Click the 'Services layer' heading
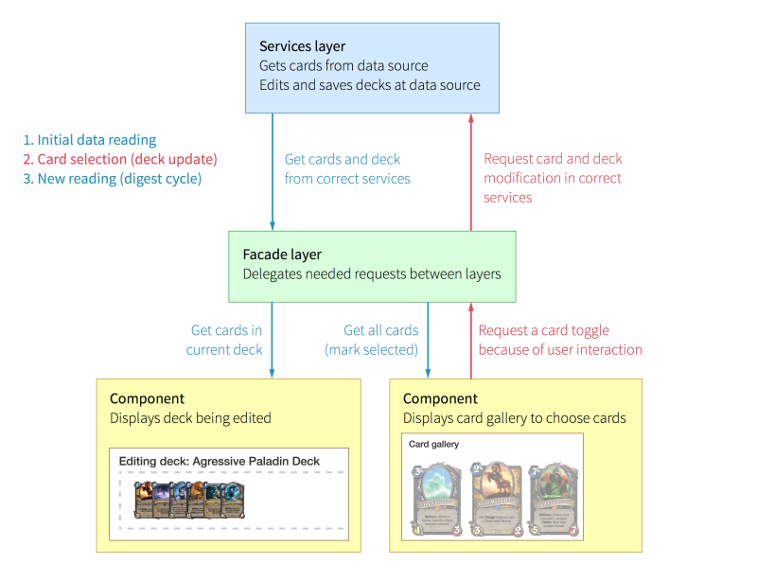tap(302, 46)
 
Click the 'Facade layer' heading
tap(282, 255)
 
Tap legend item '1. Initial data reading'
tap(90, 140)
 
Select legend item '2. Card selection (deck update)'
tap(120, 159)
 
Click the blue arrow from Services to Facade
tap(273, 170)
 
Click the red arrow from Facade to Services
tap(470, 170)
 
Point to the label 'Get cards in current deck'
tap(226, 340)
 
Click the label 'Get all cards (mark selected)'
tap(371, 340)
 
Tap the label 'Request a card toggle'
tap(544, 330)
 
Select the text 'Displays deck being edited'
tap(190, 418)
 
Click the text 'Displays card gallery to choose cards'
tap(515, 418)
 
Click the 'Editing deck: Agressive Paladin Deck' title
tap(220, 462)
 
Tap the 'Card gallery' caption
tap(433, 444)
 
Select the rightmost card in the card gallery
tap(554, 499)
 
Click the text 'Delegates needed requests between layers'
tap(372, 274)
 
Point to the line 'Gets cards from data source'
tap(343, 66)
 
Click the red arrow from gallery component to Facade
tap(470, 341)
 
